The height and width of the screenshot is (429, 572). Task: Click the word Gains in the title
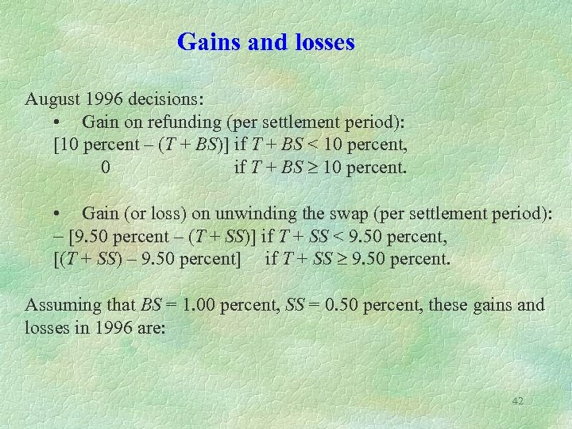pos(206,41)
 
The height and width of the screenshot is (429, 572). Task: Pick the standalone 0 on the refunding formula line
pos(106,168)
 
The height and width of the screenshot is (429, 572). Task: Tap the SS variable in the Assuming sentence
pos(298,304)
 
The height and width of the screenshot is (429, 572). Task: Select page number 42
pos(517,401)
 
